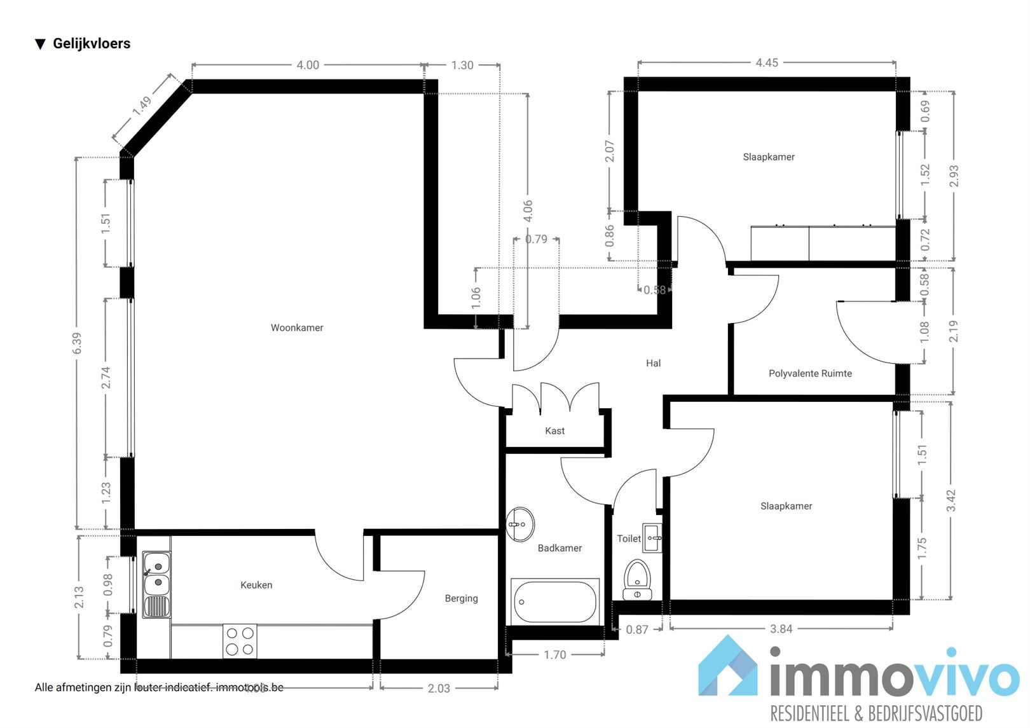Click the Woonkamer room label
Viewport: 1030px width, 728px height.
(297, 328)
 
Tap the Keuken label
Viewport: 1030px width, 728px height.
(256, 585)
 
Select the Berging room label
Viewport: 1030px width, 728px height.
(461, 598)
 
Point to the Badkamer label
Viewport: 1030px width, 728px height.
(560, 548)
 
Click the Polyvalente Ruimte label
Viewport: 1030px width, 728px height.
(810, 373)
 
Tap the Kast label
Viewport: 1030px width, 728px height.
(554, 431)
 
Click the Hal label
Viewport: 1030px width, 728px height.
(653, 363)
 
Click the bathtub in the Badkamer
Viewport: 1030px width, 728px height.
(555, 601)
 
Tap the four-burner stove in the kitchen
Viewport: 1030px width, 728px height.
(240, 641)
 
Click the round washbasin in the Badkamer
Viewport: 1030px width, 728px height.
(520, 525)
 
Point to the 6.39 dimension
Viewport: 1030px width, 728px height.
(77, 343)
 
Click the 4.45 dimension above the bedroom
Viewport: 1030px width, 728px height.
(766, 63)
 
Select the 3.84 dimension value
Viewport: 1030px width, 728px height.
(781, 629)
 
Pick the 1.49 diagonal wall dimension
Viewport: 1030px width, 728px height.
(142, 106)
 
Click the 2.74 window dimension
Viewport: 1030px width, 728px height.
(106, 378)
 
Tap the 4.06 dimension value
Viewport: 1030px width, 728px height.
(528, 211)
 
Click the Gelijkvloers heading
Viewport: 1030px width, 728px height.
(91, 43)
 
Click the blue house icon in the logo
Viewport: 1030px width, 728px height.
(729, 667)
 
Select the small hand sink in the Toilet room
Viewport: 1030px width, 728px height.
(652, 538)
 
